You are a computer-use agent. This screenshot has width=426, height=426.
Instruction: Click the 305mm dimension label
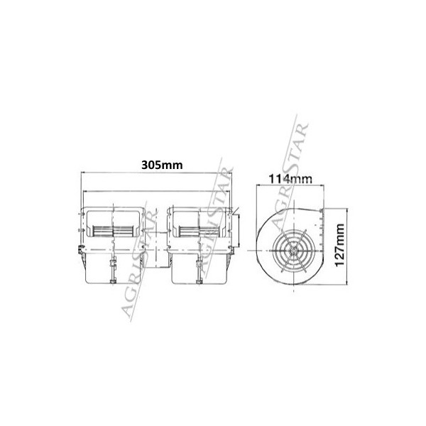(160, 165)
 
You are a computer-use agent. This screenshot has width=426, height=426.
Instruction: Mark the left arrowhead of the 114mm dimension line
(256, 187)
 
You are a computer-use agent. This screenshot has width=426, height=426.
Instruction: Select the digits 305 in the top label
(152, 165)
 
